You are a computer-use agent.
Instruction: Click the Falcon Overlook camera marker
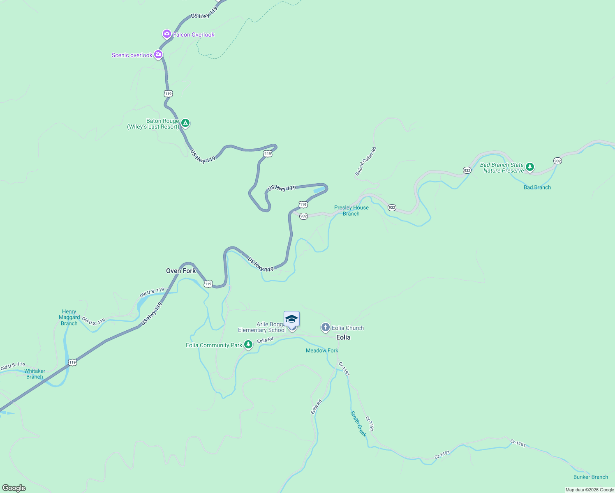point(166,34)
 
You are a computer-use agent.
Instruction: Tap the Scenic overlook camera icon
point(158,54)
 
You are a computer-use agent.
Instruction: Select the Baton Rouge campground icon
point(185,123)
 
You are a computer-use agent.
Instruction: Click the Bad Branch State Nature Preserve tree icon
point(530,167)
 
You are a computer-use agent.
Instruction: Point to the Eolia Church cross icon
point(325,327)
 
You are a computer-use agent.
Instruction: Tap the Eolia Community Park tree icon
point(248,345)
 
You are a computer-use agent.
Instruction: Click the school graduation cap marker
point(291,319)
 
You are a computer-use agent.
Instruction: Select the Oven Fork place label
point(181,271)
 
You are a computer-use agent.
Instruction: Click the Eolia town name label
point(343,337)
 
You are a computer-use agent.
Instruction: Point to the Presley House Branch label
point(351,211)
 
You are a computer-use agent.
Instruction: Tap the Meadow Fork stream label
point(322,350)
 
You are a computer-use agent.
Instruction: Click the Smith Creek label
point(358,424)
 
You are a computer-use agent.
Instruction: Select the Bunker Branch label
point(590,477)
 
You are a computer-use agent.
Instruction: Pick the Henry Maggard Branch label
point(69,318)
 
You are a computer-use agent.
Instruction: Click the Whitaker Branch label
point(35,374)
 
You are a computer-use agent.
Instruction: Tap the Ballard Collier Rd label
point(365,161)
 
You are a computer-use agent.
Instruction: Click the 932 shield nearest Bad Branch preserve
point(557,161)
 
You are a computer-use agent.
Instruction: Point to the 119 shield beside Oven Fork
point(208,284)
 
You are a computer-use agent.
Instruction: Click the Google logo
point(14,488)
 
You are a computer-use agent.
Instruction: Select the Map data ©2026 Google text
point(590,490)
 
